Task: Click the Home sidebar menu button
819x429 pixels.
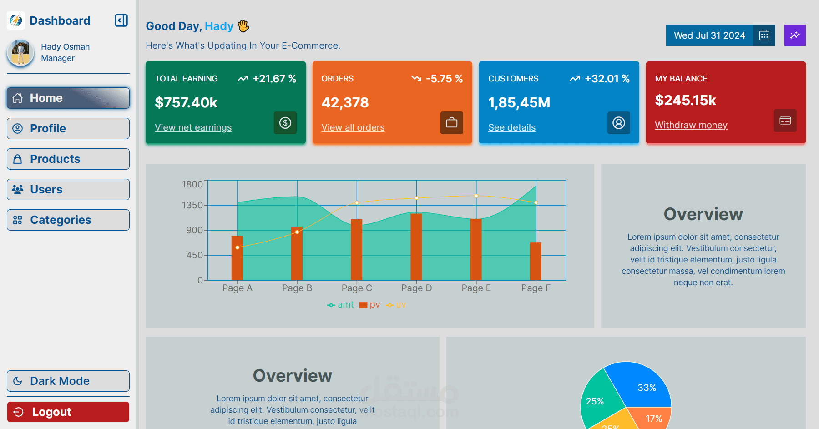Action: click(x=68, y=98)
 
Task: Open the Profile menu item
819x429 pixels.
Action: click(x=68, y=128)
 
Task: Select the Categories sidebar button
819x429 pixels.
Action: click(x=68, y=220)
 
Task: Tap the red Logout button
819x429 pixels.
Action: click(x=68, y=412)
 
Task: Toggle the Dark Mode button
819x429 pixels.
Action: click(x=68, y=381)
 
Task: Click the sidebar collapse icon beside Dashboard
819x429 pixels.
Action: click(x=121, y=20)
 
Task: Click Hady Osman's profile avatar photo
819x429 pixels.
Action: click(x=20, y=53)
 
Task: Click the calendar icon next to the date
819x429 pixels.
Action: click(x=764, y=35)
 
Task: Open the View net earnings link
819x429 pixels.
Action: click(x=193, y=127)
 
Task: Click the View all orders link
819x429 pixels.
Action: click(x=353, y=127)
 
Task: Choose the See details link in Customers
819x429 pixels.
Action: click(x=512, y=127)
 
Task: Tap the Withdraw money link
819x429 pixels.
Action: click(x=691, y=125)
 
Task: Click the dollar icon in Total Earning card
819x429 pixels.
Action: click(x=285, y=123)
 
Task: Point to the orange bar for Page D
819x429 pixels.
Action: click(x=416, y=247)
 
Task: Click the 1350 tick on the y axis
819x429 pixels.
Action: click(x=192, y=205)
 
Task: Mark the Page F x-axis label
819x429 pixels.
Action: click(x=536, y=288)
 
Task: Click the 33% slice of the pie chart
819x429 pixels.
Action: click(x=642, y=384)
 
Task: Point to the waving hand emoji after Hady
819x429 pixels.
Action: click(x=243, y=26)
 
